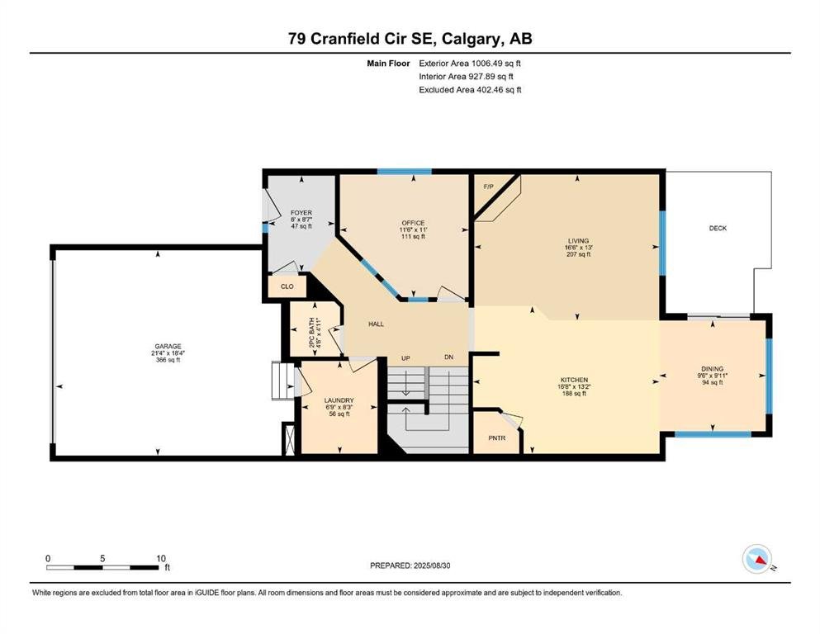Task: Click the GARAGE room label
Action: coord(168,346)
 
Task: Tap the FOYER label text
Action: coord(301,213)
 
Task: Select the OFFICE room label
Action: coord(413,223)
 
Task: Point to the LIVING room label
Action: coord(578,241)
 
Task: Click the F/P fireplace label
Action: coord(488,187)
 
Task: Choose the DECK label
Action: coord(718,228)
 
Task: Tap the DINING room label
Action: coord(713,368)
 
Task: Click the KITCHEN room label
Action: coord(574,380)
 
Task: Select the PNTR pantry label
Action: coord(497,438)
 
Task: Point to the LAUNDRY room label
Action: coord(339,400)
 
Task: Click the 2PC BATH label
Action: coord(312,333)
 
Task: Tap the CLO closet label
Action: coord(287,286)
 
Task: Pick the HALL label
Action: coord(376,324)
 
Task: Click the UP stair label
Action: coord(405,358)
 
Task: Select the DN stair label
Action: coord(448,357)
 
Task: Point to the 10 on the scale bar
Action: coord(160,558)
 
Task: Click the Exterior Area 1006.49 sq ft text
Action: coord(470,64)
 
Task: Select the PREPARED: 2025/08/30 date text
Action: coord(410,565)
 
